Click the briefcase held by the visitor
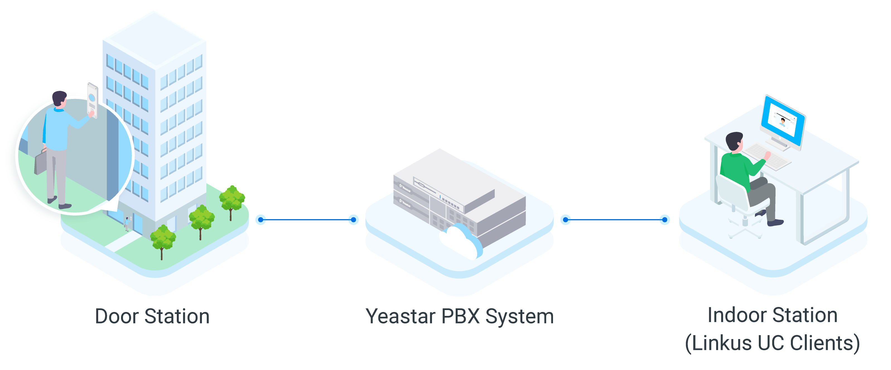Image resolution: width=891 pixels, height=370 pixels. click(x=40, y=162)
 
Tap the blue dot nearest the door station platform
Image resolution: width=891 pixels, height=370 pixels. click(x=260, y=220)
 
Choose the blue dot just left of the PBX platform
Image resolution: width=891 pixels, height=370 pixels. click(x=353, y=220)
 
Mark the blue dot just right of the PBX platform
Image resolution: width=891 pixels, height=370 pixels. click(x=565, y=220)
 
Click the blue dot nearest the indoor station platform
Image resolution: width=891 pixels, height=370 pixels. click(x=665, y=220)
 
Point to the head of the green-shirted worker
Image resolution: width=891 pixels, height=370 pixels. click(x=734, y=141)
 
